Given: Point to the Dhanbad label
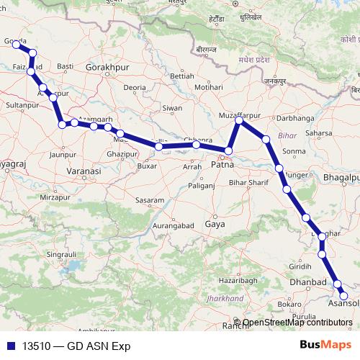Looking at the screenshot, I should (309, 282).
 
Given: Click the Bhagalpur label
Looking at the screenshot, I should (341, 177).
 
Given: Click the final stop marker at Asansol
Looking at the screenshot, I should (343, 296).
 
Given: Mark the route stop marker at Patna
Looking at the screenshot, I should (228, 151).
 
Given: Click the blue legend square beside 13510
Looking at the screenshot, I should (9, 345).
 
